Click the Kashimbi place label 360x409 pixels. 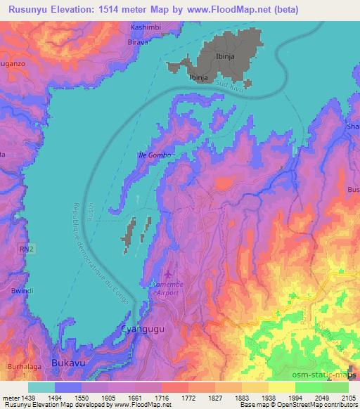[146, 27]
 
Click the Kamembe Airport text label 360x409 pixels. [168, 288]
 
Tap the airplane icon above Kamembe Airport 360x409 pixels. [167, 274]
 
